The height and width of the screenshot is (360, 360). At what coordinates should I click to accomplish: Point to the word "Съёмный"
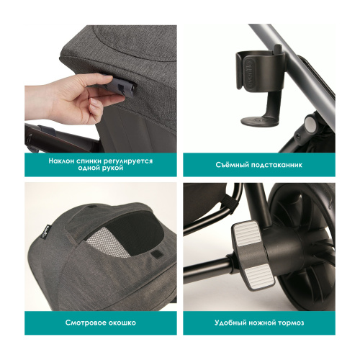tap(230, 164)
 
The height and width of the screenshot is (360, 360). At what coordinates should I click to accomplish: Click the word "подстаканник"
tap(277, 164)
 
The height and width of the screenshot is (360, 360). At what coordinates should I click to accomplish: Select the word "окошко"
tap(120, 323)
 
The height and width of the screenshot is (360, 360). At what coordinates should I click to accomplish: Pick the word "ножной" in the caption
tap(264, 323)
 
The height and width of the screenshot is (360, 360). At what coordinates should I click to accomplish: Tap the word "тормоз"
tap(296, 323)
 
